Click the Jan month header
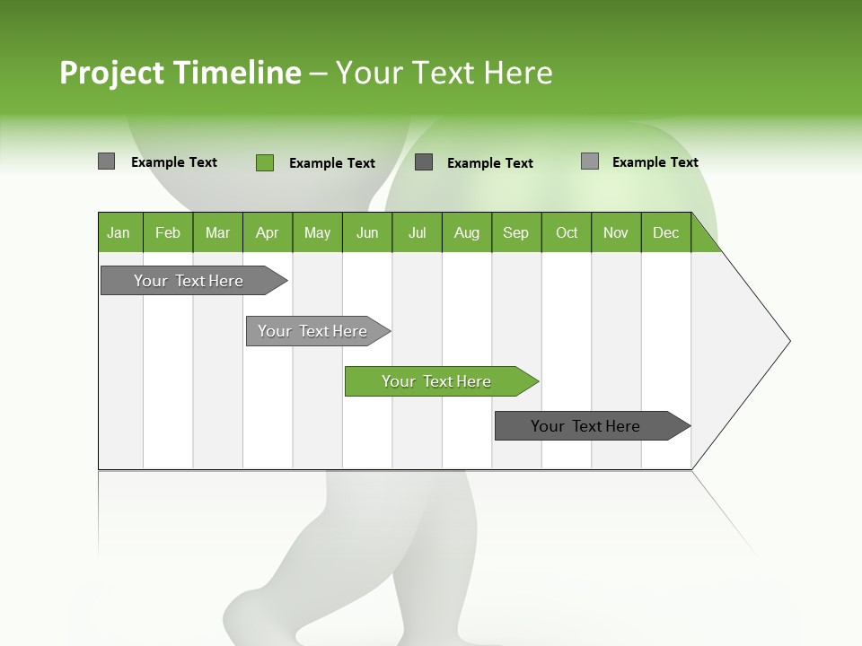pos(119,232)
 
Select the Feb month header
pos(168,232)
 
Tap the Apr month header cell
pos(268,232)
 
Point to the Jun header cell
pos(367,232)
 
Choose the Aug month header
pos(467,232)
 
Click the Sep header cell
pos(516,232)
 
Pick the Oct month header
pos(567,232)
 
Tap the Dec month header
pos(666,232)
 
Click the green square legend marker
pos(265,162)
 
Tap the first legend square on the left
pos(106,161)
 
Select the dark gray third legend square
pos(424,162)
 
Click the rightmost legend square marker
pos(590,161)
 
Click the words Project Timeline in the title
pos(180,73)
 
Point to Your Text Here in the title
pos(444,73)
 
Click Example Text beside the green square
pos(332,163)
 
